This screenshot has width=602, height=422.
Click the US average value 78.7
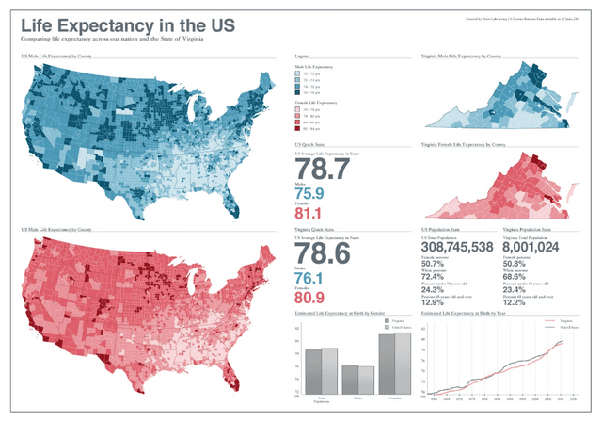coord(322,169)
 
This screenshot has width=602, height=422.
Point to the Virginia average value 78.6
coord(322,254)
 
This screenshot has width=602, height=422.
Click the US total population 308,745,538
coord(457,247)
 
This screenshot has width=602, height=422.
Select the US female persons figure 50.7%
coord(434,263)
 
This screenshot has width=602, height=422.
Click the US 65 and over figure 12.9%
coord(434,303)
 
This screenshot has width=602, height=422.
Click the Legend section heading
coord(302,57)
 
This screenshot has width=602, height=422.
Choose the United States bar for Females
coord(404,363)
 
